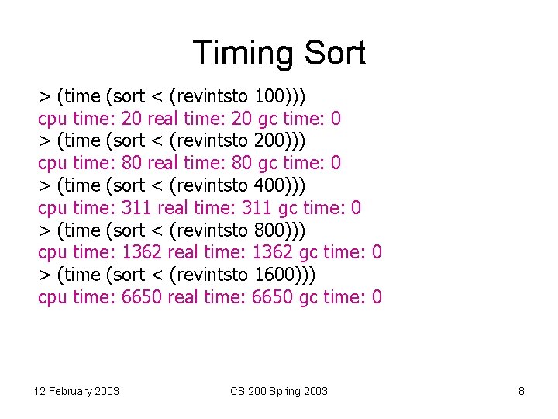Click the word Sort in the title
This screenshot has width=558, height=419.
[334, 54]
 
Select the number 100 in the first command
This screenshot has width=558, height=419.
[268, 96]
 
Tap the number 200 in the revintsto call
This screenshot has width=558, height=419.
[268, 141]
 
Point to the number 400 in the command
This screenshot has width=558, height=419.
[268, 186]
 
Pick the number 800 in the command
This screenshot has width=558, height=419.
[268, 230]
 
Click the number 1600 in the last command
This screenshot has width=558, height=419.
[274, 275]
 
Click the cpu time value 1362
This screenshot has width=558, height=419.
[142, 253]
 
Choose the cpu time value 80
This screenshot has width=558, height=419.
[132, 164]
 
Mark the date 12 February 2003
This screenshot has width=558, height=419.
[77, 391]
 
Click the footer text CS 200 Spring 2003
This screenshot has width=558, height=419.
[279, 391]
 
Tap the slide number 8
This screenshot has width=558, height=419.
[522, 391]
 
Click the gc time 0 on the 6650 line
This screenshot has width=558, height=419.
[377, 297]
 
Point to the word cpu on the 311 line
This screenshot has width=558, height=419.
[53, 208]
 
